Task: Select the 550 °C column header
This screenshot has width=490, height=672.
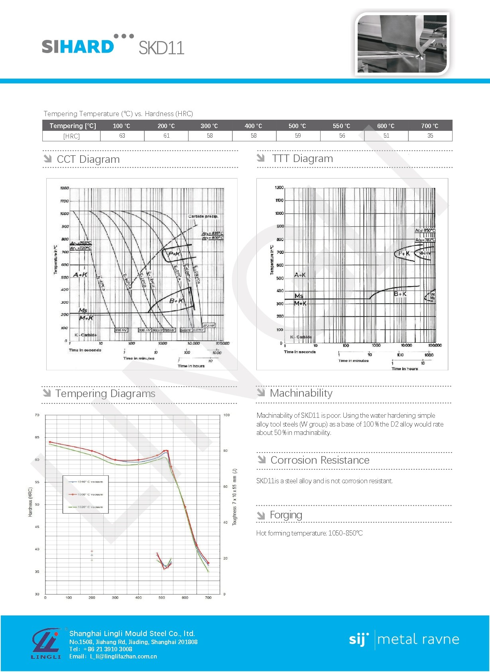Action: (341, 126)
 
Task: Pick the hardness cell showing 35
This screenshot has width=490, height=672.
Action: (430, 136)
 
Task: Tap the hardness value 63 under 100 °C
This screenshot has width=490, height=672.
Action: (122, 136)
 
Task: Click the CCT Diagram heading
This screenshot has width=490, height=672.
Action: (88, 159)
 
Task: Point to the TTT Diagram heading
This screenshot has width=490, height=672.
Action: (302, 158)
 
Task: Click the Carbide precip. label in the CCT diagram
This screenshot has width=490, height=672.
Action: (203, 216)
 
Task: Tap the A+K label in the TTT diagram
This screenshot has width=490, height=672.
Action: (300, 275)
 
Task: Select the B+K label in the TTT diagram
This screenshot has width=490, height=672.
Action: (400, 294)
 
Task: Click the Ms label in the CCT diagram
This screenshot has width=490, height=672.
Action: (83, 310)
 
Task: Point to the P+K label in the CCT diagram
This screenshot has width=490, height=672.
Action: (174, 254)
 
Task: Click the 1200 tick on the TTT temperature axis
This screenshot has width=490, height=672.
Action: (279, 188)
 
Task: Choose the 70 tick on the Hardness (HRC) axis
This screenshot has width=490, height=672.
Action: (37, 415)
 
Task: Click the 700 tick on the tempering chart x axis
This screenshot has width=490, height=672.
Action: (208, 597)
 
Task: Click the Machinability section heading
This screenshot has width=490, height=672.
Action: (301, 393)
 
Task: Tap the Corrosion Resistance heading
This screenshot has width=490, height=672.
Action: (320, 460)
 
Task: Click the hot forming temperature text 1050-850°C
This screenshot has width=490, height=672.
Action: (345, 533)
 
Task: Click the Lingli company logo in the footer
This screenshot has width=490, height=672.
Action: (46, 644)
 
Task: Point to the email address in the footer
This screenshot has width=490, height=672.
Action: (123, 656)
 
